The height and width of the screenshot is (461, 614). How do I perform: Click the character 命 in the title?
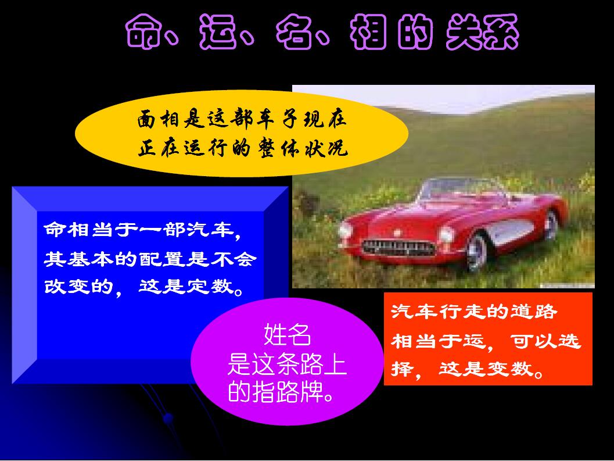tap(143, 32)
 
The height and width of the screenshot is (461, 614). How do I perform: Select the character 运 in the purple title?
tap(218, 32)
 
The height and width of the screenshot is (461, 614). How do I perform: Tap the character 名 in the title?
tap(295, 32)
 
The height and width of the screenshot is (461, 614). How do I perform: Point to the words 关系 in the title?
tap(482, 32)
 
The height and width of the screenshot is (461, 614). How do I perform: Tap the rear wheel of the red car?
tap(551, 225)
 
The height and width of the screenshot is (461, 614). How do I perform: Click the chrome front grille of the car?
tap(398, 248)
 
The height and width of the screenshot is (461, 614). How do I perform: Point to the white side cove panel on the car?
tap(509, 232)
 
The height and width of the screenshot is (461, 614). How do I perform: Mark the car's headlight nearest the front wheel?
tap(446, 235)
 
